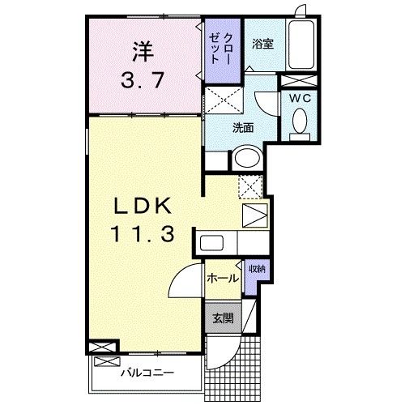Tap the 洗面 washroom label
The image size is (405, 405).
point(243,127)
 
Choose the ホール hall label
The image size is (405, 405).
point(224,279)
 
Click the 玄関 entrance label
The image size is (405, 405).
point(224,318)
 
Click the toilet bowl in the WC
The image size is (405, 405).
point(297,122)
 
